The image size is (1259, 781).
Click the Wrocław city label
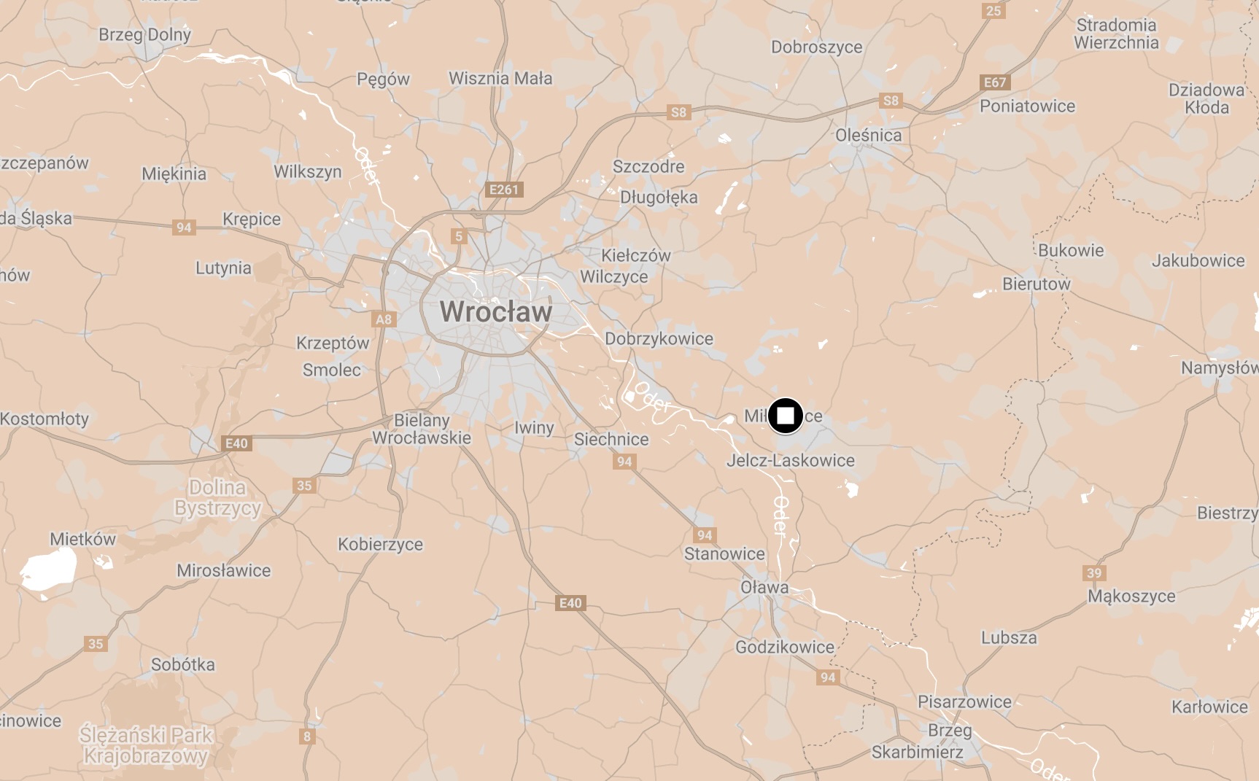[496, 312]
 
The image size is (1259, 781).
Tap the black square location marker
[785, 416]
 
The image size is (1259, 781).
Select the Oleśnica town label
[868, 135]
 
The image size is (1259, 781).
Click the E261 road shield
[504, 190]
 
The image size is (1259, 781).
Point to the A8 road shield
[384, 319]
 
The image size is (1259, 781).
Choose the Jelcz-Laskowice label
[790, 460]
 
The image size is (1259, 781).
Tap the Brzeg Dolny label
[144, 34]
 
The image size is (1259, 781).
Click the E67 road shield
[995, 82]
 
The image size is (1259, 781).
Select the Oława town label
[764, 587]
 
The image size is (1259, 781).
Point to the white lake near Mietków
[48, 568]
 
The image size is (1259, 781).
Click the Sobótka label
[183, 664]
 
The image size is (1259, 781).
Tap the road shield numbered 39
[1094, 572]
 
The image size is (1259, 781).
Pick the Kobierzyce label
[380, 544]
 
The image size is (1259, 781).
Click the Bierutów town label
[1036, 284]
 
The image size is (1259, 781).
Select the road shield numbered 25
[993, 10]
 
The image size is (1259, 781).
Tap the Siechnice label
[611, 439]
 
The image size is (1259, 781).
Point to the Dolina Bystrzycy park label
[217, 497]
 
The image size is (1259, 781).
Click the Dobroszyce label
[816, 47]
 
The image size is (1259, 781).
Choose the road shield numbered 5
[458, 236]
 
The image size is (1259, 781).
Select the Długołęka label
[659, 198]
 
